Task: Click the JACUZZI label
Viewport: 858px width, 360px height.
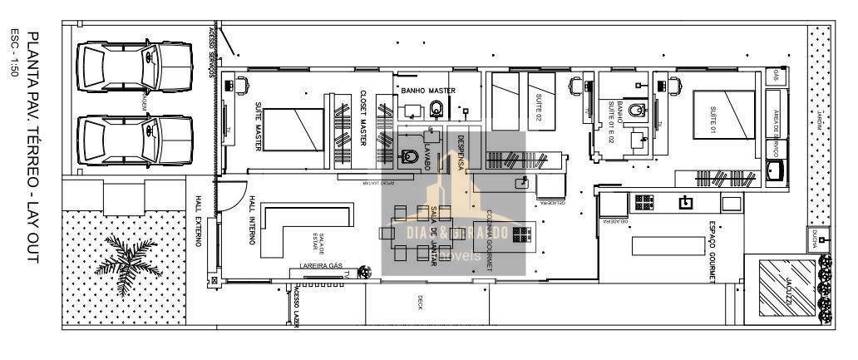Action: coord(786,286)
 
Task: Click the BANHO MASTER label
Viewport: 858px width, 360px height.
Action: coord(428,90)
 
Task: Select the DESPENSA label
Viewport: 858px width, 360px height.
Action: coord(460,153)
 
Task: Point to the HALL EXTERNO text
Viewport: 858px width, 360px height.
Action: coord(198,221)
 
